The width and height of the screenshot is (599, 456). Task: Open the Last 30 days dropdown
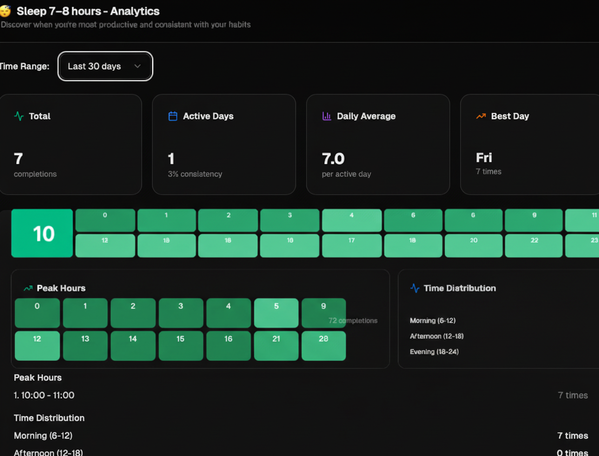[105, 66]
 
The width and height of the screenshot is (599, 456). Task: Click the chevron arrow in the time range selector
[137, 66]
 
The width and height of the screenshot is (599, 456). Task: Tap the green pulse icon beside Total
[19, 116]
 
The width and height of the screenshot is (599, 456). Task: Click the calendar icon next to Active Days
[173, 116]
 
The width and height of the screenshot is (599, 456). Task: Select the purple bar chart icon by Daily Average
[327, 116]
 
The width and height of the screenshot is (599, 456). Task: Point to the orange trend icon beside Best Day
[481, 116]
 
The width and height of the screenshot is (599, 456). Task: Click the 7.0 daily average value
[333, 159]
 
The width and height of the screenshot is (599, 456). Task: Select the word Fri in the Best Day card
[484, 158]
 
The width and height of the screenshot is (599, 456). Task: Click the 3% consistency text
[195, 174]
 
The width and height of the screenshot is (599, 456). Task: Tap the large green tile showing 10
[42, 233]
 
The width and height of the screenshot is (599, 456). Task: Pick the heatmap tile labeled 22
[534, 245]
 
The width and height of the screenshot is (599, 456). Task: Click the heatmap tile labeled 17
[351, 245]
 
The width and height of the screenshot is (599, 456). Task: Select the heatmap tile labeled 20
[474, 245]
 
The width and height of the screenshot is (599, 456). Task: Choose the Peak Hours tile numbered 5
[276, 313]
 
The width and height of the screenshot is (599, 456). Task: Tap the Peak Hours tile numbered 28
[323, 346]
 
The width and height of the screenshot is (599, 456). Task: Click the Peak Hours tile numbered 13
[85, 346]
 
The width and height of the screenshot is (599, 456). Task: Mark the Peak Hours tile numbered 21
[276, 346]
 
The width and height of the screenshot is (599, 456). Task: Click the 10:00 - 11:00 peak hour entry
[44, 395]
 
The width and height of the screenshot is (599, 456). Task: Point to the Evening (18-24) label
[434, 352]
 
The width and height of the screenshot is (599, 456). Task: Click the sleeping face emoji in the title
[5, 11]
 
